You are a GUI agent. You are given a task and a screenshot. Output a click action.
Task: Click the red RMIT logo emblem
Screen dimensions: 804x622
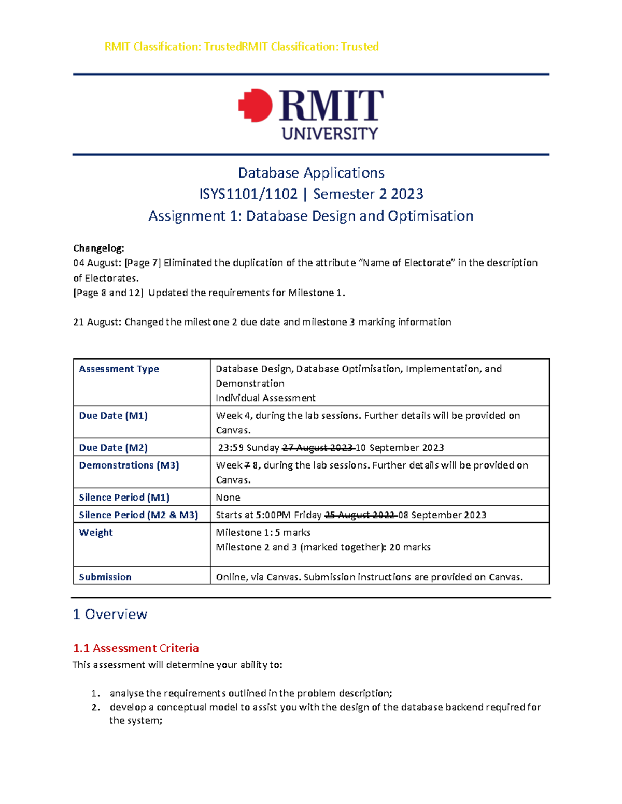256,106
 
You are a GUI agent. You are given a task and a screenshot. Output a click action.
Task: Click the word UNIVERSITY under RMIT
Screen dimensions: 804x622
330,134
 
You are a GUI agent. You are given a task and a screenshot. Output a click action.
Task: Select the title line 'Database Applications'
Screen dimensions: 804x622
311,172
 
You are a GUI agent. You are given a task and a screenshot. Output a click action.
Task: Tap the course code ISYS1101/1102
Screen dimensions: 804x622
248,194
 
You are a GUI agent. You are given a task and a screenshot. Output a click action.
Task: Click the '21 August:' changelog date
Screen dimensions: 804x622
97,322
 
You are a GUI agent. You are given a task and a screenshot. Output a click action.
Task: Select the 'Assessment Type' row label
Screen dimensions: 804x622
119,369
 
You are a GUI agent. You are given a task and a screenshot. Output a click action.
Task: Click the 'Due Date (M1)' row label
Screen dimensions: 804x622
113,415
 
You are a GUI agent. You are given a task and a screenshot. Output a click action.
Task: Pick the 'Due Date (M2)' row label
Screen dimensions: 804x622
113,447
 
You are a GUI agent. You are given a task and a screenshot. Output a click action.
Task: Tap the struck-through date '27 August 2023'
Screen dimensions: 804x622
317,447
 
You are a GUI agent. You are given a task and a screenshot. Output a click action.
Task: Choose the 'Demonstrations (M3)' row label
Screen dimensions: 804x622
129,465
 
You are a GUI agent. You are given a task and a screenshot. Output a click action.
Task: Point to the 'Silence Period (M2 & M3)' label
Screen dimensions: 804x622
138,515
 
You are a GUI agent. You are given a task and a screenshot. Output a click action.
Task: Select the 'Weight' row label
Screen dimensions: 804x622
95,532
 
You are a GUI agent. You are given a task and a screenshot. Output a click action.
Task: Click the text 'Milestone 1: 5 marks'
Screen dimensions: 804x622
263,532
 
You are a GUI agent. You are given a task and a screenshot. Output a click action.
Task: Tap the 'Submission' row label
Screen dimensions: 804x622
105,577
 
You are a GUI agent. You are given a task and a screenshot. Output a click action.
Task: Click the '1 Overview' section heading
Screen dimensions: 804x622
110,614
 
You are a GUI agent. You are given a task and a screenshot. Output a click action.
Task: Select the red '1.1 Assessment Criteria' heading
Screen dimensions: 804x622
136,648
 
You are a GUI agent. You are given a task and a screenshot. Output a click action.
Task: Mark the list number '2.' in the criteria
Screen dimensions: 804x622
95,707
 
